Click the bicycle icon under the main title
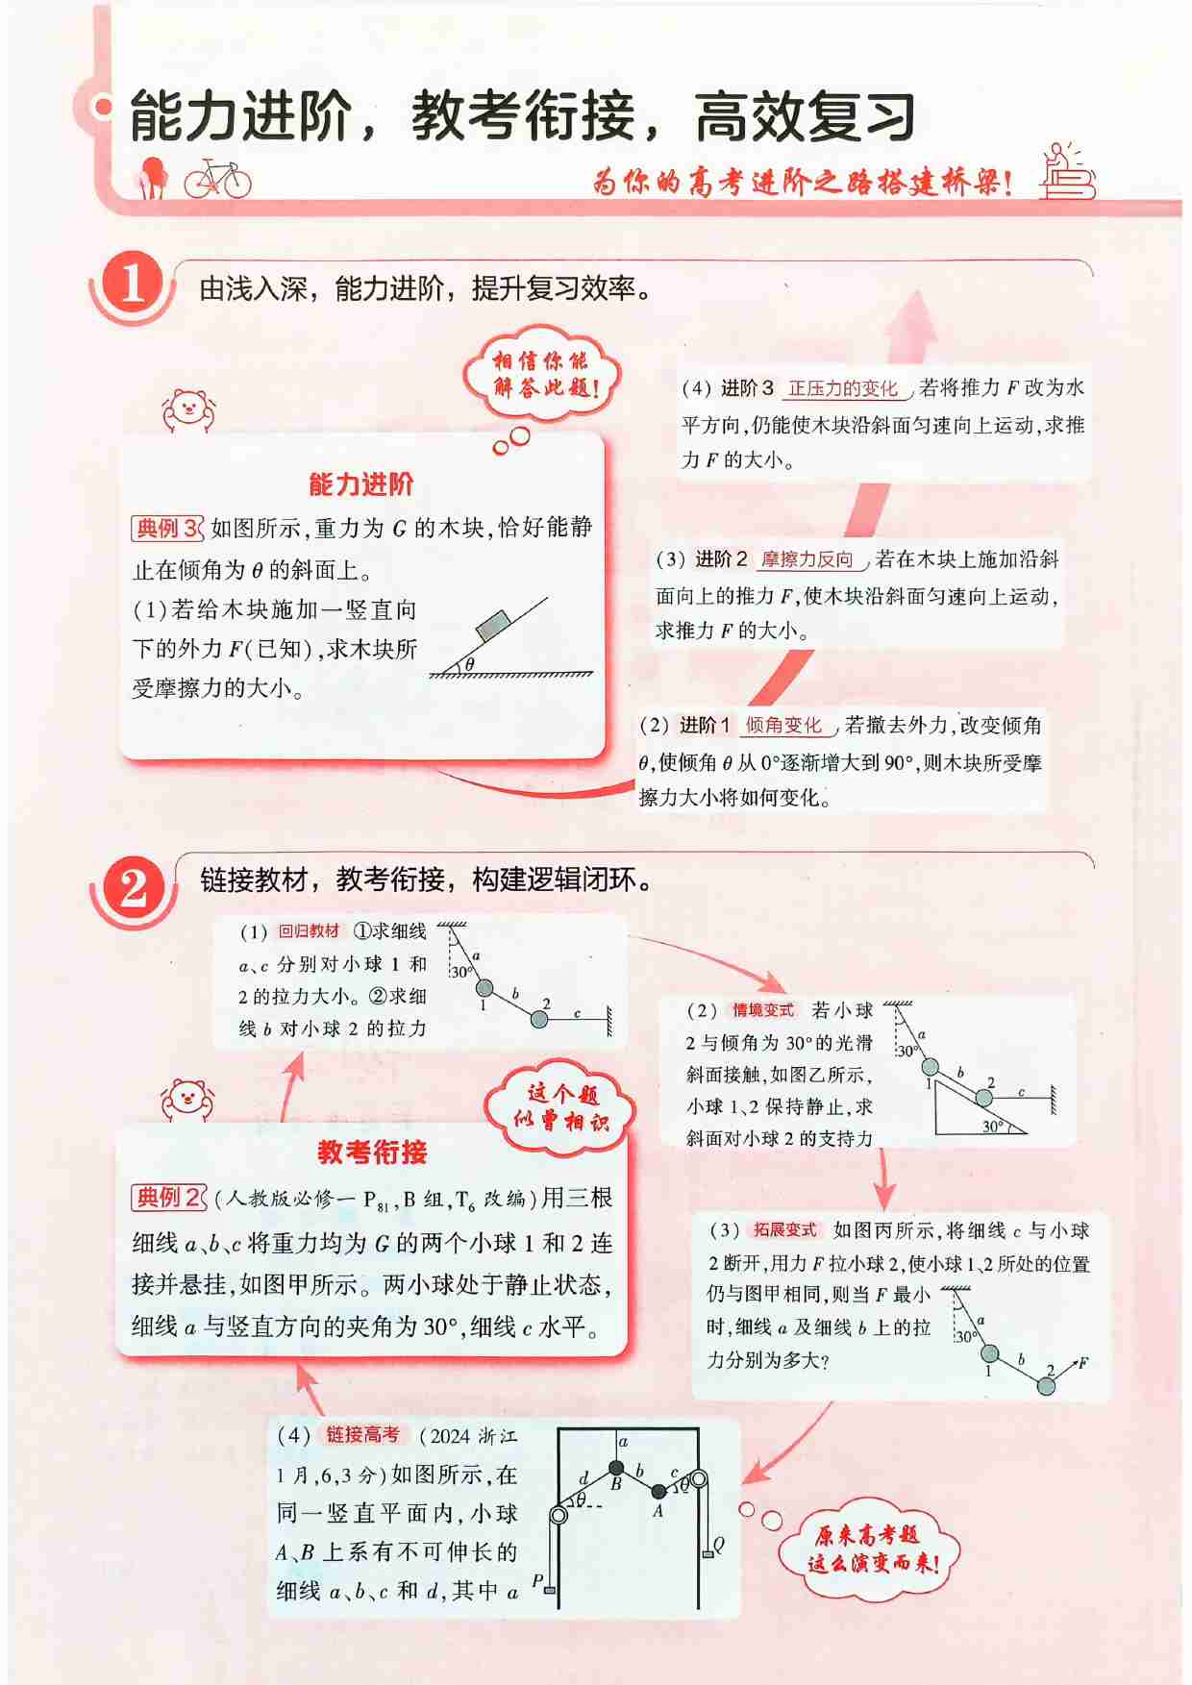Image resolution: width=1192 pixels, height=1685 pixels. click(x=217, y=179)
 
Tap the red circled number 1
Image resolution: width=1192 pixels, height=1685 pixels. click(x=132, y=285)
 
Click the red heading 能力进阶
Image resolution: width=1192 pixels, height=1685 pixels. click(x=360, y=483)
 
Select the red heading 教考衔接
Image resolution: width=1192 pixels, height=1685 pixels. click(x=371, y=1152)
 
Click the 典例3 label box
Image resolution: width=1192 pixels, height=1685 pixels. click(x=166, y=528)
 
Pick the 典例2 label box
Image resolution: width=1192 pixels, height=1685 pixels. click(x=167, y=1197)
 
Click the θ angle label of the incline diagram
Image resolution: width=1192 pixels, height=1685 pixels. click(x=469, y=662)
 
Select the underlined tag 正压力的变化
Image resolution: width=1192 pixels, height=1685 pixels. click(x=842, y=388)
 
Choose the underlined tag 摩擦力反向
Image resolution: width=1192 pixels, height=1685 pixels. click(x=807, y=559)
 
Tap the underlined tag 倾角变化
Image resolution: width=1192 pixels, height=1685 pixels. click(x=783, y=725)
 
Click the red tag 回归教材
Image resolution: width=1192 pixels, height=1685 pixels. click(x=309, y=930)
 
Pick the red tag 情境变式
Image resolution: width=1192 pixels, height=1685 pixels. click(x=763, y=1010)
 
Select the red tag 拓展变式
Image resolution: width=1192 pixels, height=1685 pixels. click(x=784, y=1229)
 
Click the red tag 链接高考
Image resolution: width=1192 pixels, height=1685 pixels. click(x=362, y=1435)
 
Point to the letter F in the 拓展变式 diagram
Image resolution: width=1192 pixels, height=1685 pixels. click(x=1082, y=1362)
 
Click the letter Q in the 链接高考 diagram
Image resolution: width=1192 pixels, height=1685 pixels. click(x=719, y=1545)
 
